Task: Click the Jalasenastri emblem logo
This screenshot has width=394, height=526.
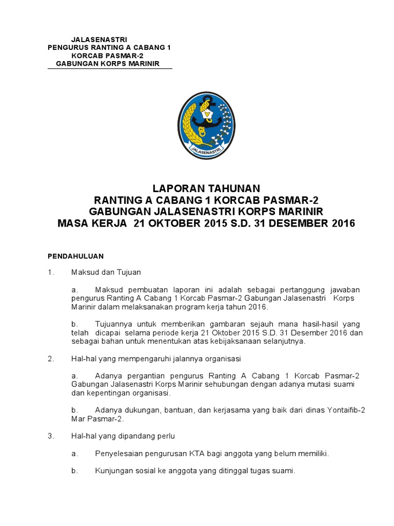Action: [206, 125]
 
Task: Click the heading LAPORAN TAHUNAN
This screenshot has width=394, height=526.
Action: [206, 188]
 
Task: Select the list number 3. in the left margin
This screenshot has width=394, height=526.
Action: [51, 436]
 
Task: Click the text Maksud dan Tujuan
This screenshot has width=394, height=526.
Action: [106, 272]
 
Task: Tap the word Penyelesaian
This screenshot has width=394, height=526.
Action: [119, 454]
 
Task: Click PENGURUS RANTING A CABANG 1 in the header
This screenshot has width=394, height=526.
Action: [109, 47]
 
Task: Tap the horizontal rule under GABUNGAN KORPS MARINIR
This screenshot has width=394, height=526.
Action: [110, 69]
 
